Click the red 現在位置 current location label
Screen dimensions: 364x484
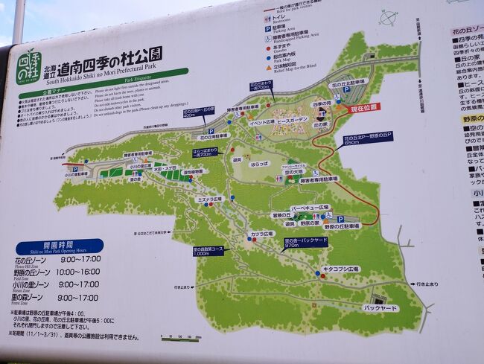[365, 107]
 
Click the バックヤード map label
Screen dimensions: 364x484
[380, 307]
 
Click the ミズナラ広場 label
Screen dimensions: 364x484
[210, 199]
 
